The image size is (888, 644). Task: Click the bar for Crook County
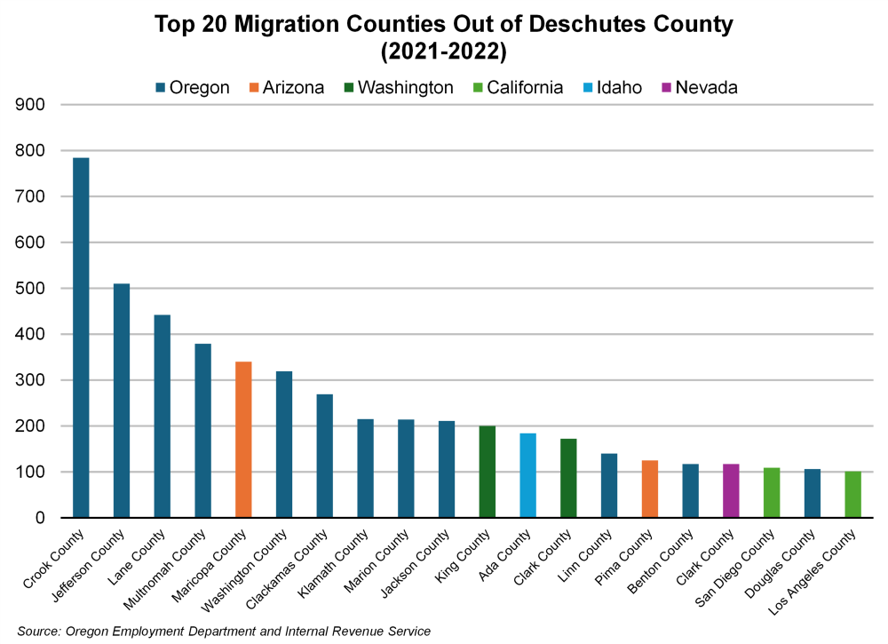(81, 338)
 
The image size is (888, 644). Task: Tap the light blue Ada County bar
(527, 475)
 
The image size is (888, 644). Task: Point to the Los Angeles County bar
(852, 495)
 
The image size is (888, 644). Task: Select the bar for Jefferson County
(122, 401)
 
